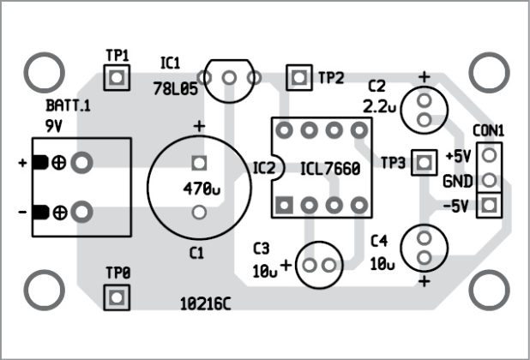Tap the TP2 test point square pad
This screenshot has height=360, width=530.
click(298, 77)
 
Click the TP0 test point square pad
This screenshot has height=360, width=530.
click(117, 297)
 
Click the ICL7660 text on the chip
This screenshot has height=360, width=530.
click(330, 169)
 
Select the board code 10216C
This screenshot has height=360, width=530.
click(205, 303)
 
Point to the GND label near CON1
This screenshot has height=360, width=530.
click(456, 182)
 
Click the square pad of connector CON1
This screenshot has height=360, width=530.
click(489, 205)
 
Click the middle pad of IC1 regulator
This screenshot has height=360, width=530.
click(228, 78)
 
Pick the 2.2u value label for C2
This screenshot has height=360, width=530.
click(381, 106)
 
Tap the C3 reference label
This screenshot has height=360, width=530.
click(262, 249)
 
